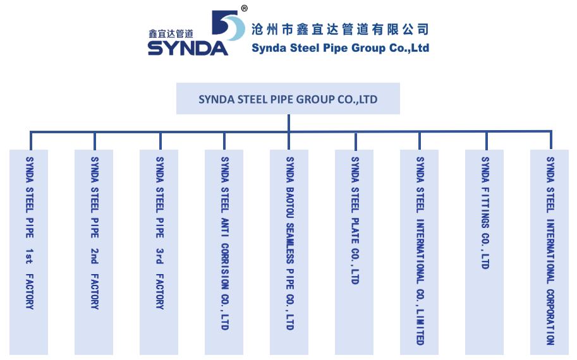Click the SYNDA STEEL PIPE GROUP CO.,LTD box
click(x=288, y=99)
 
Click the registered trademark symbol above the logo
click(x=245, y=8)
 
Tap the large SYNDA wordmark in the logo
click(x=188, y=48)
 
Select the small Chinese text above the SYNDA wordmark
click(x=170, y=33)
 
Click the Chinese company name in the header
click(x=340, y=29)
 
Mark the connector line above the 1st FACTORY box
click(x=30, y=140)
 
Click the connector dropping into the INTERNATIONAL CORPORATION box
click(x=550, y=140)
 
